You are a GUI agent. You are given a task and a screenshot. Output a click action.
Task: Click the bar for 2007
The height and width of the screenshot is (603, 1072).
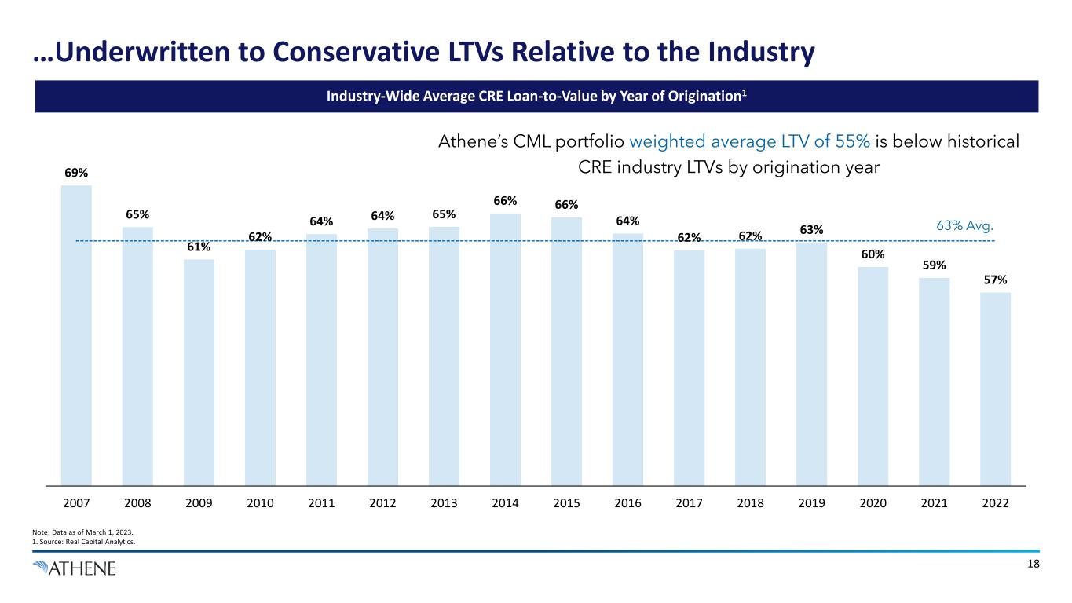click(x=76, y=335)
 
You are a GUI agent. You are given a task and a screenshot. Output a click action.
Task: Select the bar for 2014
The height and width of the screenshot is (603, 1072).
click(x=505, y=349)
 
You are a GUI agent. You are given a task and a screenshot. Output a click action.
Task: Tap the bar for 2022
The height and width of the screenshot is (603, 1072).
click(x=995, y=389)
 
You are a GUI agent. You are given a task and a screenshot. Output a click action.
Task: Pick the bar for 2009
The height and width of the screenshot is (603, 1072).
click(x=199, y=372)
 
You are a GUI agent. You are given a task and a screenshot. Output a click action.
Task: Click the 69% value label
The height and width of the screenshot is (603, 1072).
click(x=76, y=171)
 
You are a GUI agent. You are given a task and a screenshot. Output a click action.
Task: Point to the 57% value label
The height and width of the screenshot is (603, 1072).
click(x=995, y=280)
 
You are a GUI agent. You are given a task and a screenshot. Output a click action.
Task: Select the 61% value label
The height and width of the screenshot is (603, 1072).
click(x=199, y=247)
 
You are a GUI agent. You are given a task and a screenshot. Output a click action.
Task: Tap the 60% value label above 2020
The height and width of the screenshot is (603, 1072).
click(x=873, y=254)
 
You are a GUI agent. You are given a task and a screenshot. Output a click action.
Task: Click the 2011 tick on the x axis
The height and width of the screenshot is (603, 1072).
click(x=321, y=502)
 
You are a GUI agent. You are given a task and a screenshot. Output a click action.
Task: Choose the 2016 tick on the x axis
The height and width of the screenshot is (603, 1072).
click(x=627, y=502)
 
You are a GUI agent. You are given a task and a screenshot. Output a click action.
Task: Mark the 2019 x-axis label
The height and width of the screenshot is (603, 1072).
click(x=811, y=502)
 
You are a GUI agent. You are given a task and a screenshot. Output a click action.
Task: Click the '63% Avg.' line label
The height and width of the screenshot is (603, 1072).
click(x=966, y=227)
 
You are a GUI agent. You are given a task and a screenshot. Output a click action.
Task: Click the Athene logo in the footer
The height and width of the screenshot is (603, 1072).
click(x=75, y=568)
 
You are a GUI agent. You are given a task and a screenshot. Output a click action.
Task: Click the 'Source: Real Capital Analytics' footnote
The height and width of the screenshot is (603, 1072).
click(x=79, y=541)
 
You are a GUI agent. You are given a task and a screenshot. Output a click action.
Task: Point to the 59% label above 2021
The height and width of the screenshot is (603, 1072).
click(x=934, y=265)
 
